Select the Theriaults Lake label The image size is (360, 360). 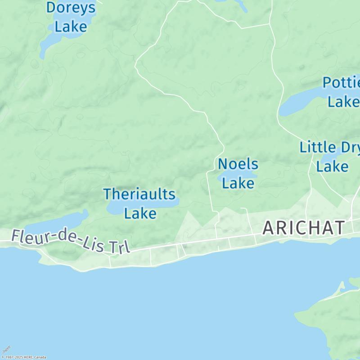pos(140,203)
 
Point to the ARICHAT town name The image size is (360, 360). pos(304,228)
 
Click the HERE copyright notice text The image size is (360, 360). pos(23,357)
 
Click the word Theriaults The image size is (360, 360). pos(139,194)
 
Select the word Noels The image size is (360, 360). pos(238,164)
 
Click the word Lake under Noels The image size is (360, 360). pos(238,183)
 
